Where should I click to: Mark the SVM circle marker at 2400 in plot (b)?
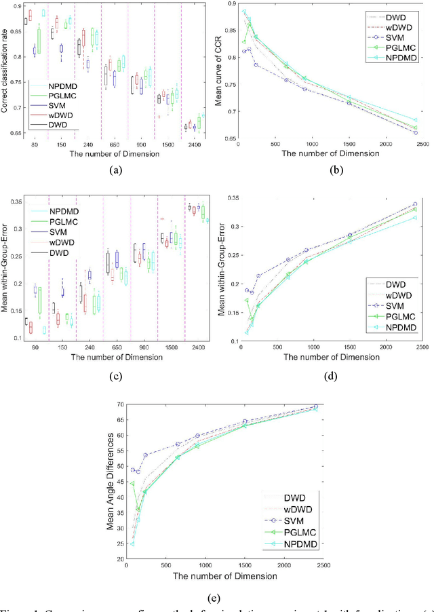point(415,132)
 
